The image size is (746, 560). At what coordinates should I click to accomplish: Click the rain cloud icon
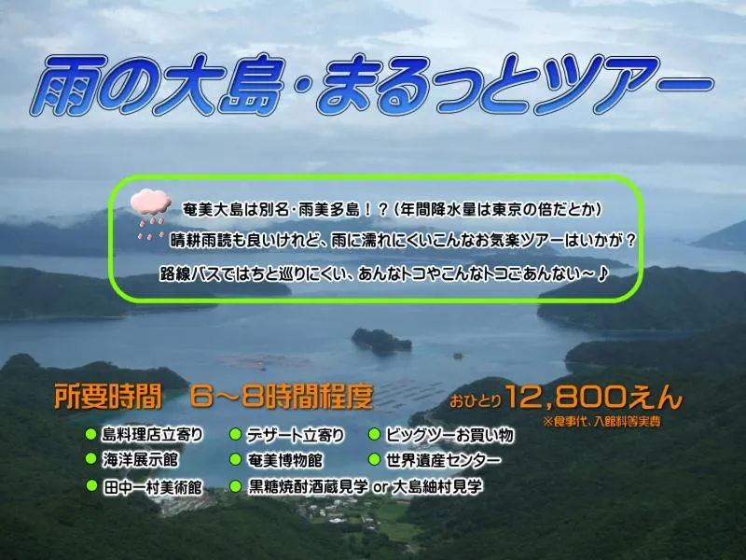pos(149,209)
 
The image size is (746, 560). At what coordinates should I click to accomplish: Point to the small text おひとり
pos(477,403)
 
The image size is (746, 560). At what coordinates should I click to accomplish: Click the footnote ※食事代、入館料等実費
pos(611,423)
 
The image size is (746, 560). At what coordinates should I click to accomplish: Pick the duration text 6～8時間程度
pos(280,397)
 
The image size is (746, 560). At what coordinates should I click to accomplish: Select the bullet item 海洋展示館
pos(138,460)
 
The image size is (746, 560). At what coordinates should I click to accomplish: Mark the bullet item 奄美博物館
pos(284,460)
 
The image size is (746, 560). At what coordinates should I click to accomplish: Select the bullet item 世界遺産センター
pos(441,460)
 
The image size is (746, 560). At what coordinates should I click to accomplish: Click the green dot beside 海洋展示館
pos(90,459)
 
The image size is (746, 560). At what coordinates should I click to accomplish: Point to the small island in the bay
pos(380,340)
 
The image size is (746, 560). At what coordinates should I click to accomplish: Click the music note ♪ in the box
pos(604,274)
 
